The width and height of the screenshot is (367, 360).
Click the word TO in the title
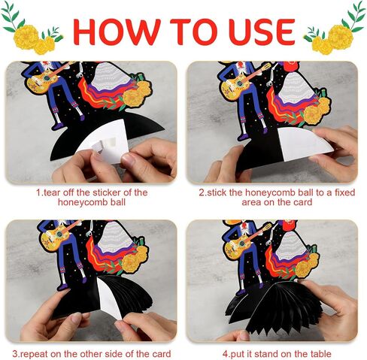coord(194,32)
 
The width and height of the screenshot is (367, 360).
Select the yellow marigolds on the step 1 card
coord(137,93)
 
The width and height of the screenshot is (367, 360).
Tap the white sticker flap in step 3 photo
coord(111,298)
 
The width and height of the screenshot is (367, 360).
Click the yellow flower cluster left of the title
coord(34,40)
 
